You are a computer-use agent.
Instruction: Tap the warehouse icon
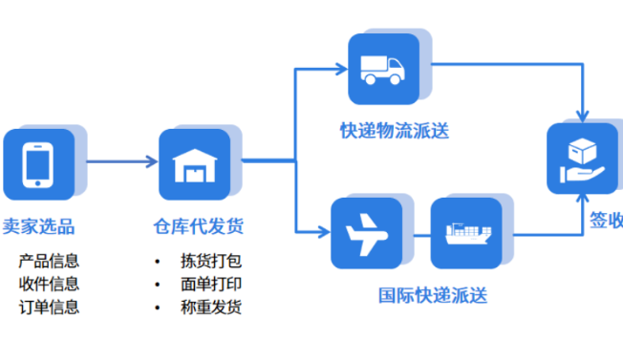coord(195,163)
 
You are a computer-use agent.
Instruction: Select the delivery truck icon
coord(383,69)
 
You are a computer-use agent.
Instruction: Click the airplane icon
coord(367,232)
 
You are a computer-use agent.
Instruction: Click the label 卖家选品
coord(39,226)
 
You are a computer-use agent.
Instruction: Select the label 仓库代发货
coord(199,226)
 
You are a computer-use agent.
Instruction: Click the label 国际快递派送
coord(433,295)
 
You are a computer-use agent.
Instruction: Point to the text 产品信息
coord(49,261)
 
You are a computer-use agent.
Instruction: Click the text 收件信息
coord(49,284)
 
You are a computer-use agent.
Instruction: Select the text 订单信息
coord(49,307)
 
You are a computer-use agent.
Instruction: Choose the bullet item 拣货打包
coord(211,261)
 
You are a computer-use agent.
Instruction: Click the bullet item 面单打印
coord(211,284)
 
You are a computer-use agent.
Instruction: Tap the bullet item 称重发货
coord(211,307)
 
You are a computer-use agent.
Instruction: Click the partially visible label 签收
coord(606,222)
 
